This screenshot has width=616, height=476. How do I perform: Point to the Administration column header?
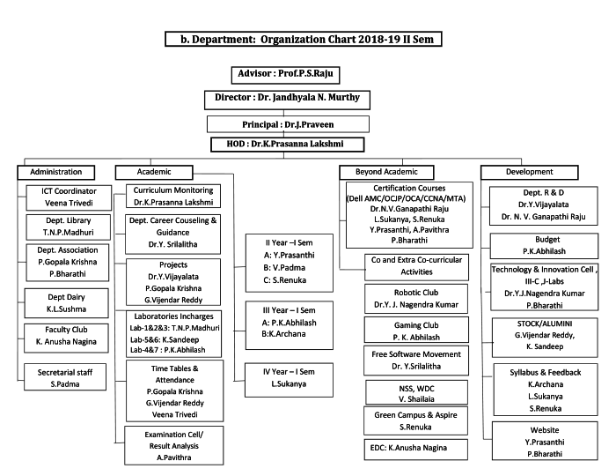[x=55, y=172]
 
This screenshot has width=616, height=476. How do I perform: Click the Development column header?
[x=529, y=172]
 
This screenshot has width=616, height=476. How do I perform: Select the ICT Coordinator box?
[x=69, y=196]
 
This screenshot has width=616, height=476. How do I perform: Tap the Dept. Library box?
[x=69, y=227]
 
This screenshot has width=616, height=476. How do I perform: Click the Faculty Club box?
[x=67, y=335]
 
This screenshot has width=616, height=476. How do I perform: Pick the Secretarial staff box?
[x=66, y=377]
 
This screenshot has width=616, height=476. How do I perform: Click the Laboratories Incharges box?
[x=173, y=332]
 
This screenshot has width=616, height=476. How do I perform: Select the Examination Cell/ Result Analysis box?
[x=173, y=446]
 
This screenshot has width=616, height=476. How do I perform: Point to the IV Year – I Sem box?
[x=287, y=377]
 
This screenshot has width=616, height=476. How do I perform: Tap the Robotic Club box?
[x=415, y=298]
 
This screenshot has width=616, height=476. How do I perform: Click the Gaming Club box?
[x=415, y=331]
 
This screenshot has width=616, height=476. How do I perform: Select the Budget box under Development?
[x=547, y=245]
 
